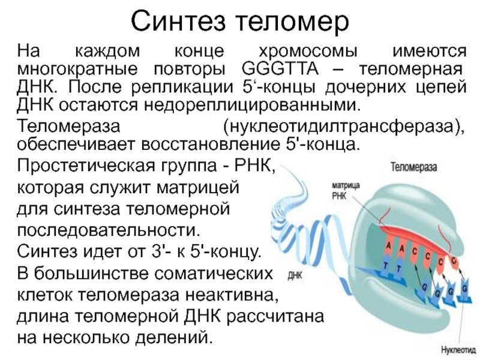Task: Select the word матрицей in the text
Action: tap(198, 187)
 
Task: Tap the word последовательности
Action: tap(107, 230)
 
